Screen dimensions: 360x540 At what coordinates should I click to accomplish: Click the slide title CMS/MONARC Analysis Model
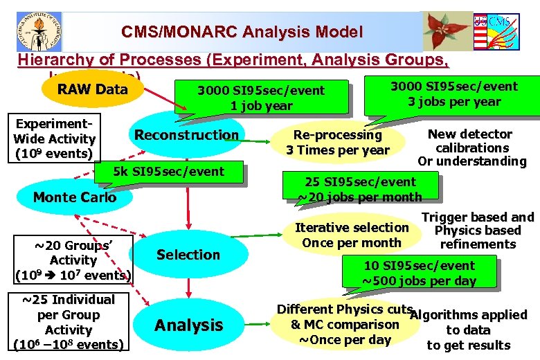[x=242, y=32]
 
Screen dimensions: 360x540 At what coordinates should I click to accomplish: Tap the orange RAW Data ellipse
[x=93, y=89]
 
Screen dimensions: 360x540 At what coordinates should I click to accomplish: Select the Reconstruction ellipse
[x=186, y=135]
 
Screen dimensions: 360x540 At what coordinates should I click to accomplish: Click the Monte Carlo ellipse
[x=75, y=197]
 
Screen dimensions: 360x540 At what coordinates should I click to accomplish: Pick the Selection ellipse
[x=188, y=255]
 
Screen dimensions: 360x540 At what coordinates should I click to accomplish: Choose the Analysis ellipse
[x=188, y=325]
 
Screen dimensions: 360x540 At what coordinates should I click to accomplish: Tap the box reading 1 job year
[x=261, y=98]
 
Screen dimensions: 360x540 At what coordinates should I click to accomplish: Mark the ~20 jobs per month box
[x=360, y=189]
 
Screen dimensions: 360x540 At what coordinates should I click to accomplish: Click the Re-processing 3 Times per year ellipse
[x=338, y=142]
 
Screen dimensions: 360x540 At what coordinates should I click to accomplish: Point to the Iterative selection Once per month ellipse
[x=352, y=235]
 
